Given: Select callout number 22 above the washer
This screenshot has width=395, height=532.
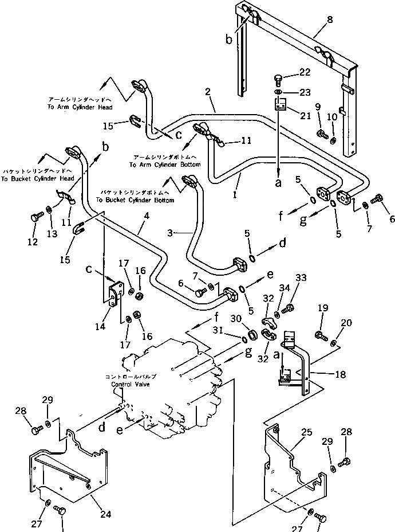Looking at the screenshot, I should click(305, 72).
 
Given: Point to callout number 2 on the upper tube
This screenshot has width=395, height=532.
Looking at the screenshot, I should click(207, 91).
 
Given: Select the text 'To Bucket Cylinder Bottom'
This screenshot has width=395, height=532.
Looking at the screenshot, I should click(135, 200).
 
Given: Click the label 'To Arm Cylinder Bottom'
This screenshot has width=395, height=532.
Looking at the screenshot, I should click(165, 165).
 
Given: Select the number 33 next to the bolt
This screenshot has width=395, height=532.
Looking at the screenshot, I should click(301, 277).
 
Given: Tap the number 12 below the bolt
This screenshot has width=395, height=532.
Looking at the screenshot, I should click(32, 242).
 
